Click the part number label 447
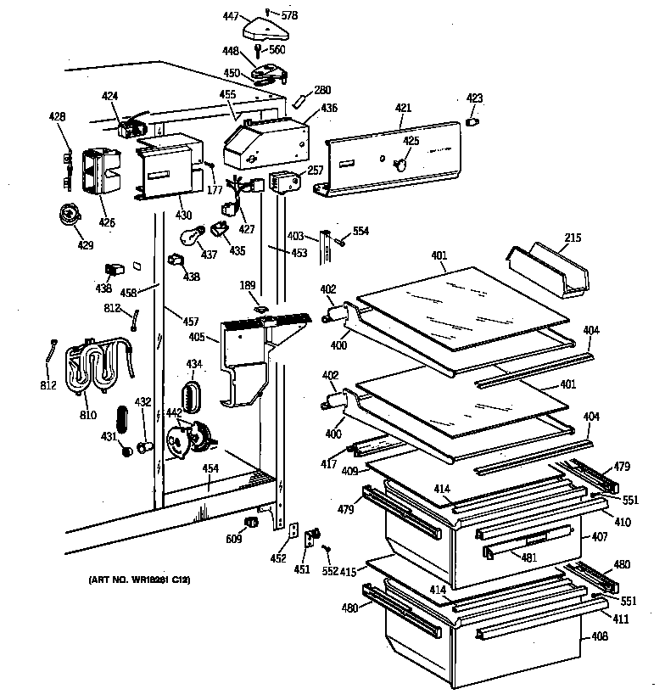(229, 16)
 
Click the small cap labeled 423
(474, 123)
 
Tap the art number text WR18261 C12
(138, 579)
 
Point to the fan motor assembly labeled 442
(189, 440)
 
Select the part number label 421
(404, 108)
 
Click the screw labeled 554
(339, 240)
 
